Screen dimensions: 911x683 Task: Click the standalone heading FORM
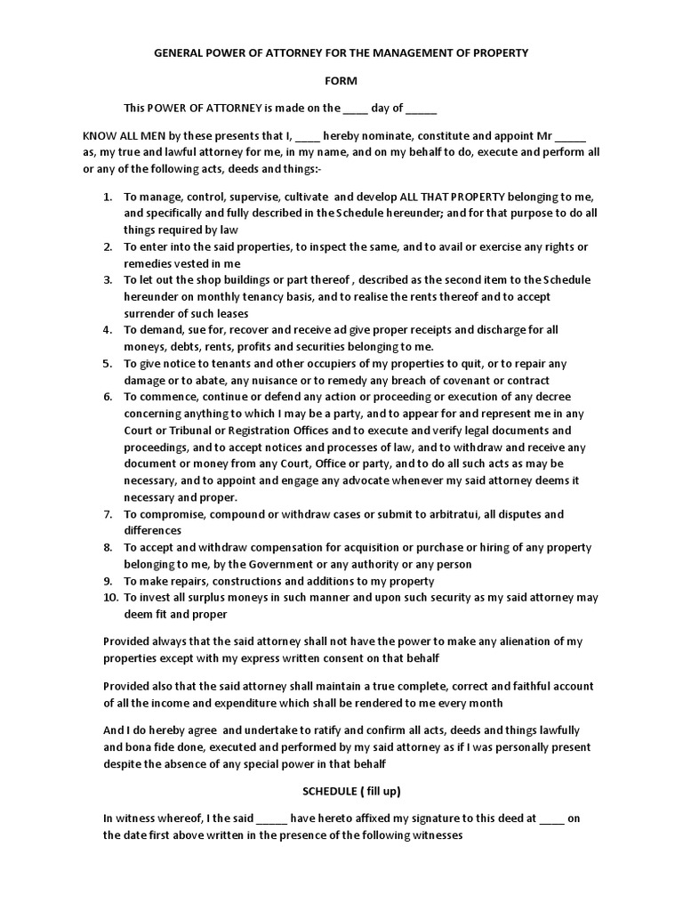pos(341,81)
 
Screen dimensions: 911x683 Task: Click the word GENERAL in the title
pos(181,53)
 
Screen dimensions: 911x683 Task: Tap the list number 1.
pos(107,197)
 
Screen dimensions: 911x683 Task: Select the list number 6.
pos(107,397)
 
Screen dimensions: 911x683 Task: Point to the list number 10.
pos(109,598)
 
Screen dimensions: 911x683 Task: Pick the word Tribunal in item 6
pos(190,431)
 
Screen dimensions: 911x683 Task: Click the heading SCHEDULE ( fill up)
pos(341,791)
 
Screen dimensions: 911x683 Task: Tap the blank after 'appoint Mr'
pos(570,137)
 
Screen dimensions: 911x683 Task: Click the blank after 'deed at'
pos(551,818)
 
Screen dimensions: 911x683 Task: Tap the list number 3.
pos(107,280)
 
